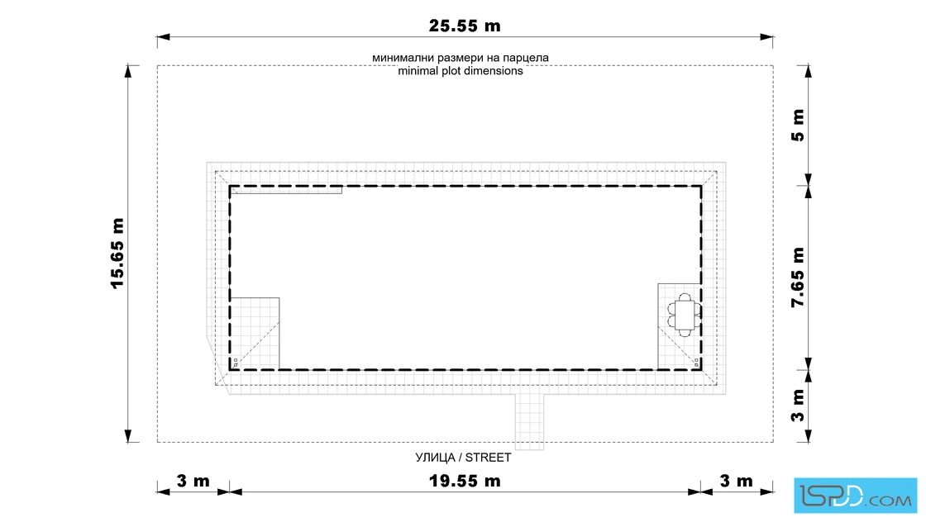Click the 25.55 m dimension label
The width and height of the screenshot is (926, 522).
click(464, 26)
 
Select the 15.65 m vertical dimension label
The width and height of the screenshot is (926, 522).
click(117, 254)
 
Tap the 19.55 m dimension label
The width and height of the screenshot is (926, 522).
click(464, 482)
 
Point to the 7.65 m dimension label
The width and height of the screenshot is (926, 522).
click(798, 278)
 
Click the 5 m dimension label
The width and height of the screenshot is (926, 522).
click(798, 125)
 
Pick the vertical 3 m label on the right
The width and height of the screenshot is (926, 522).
click(798, 406)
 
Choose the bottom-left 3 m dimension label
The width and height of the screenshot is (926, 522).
click(193, 482)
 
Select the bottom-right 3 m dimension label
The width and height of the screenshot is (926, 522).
click(737, 482)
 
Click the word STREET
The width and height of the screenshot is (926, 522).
click(488, 458)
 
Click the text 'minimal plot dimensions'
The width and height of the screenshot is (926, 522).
click(460, 71)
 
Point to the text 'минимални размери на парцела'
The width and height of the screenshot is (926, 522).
click(460, 58)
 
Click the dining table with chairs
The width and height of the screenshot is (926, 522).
click(685, 315)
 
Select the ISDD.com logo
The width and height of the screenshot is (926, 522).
click(855, 496)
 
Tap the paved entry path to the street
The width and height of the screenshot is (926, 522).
click(529, 422)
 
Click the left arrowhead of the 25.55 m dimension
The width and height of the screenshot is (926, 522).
click(163, 37)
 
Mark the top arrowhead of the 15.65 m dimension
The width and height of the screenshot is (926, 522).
click(128, 71)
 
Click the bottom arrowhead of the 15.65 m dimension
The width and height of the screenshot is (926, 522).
click(128, 436)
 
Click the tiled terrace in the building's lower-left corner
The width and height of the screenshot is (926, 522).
click(255, 334)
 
